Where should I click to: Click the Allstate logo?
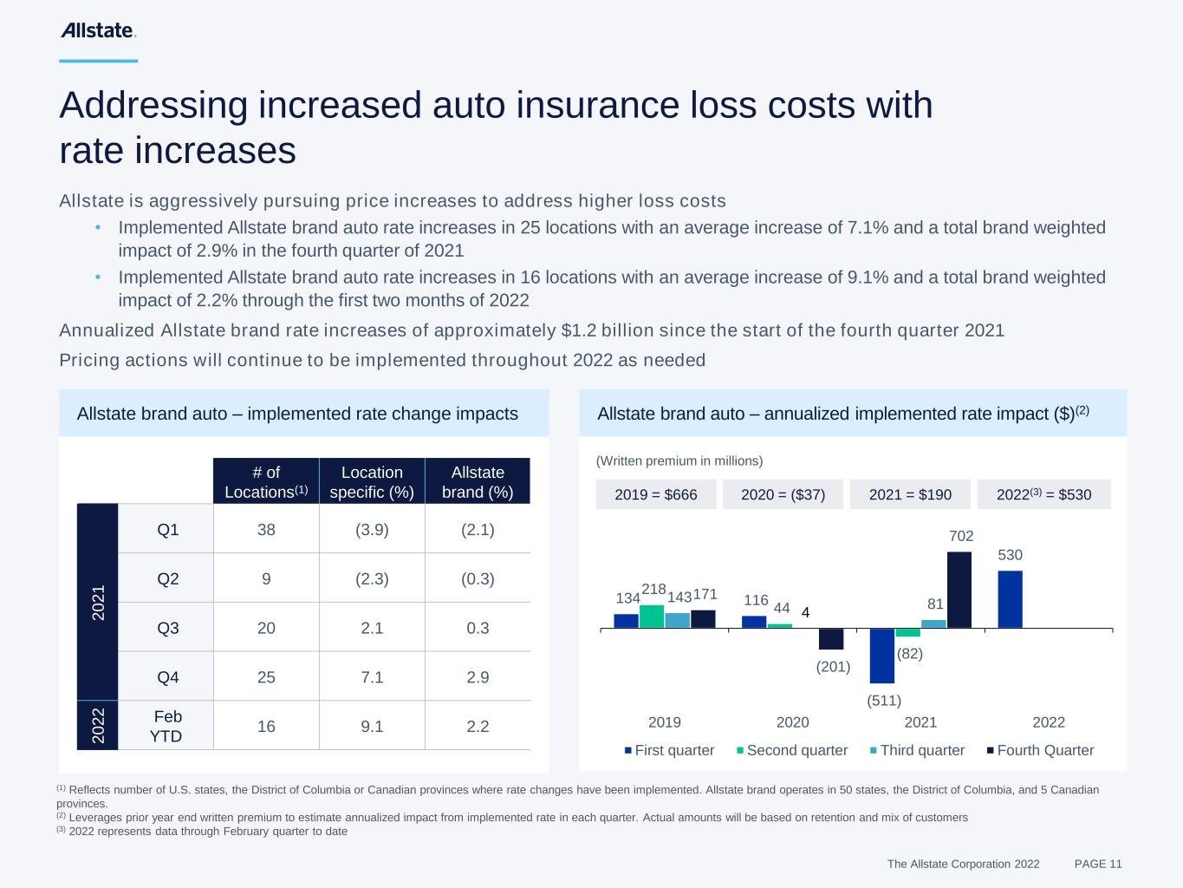pyautogui.click(x=98, y=30)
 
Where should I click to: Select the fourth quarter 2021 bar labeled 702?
pyautogui.click(x=959, y=590)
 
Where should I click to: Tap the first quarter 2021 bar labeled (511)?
pyautogui.click(x=882, y=656)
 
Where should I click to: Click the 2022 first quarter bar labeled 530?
pyautogui.click(x=1010, y=599)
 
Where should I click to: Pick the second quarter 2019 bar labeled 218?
pyautogui.click(x=652, y=617)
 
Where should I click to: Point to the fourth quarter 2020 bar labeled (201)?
pyautogui.click(x=831, y=639)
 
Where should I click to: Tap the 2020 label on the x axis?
pyautogui.click(x=792, y=722)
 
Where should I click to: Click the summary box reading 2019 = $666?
pyautogui.click(x=656, y=494)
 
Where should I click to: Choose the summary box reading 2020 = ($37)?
pyautogui.click(x=783, y=494)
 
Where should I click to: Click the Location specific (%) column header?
pyautogui.click(x=372, y=481)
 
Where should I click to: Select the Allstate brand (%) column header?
pyautogui.click(x=478, y=481)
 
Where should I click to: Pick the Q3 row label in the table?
pyautogui.click(x=168, y=627)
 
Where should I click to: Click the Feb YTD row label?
pyautogui.click(x=167, y=726)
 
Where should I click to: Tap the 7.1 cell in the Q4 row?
pyautogui.click(x=372, y=676)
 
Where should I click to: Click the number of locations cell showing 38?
pyautogui.click(x=266, y=529)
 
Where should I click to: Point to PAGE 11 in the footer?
pyautogui.click(x=1098, y=864)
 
